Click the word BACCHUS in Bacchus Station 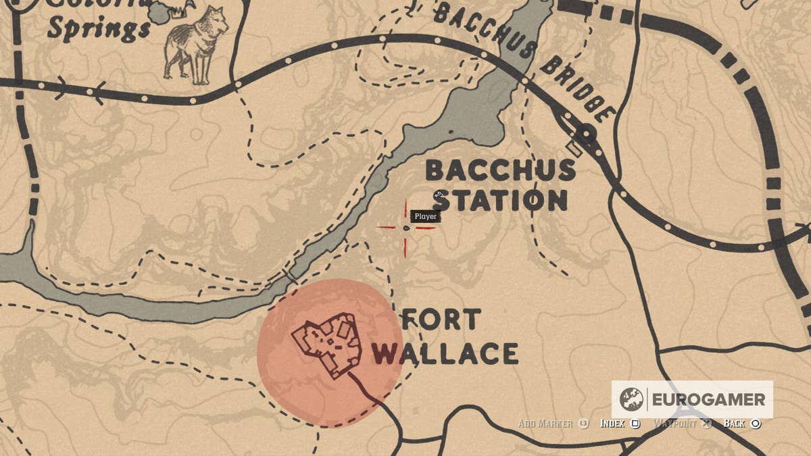[x=500, y=170]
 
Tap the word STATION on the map [x=500, y=201]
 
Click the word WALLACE [x=445, y=353]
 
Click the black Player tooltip [x=425, y=216]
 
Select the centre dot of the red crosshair [x=406, y=228]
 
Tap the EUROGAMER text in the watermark [x=708, y=399]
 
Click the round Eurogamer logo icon [x=631, y=399]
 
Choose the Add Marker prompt [x=545, y=424]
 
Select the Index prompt [x=612, y=424]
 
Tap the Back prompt [x=734, y=424]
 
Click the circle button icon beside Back [x=756, y=424]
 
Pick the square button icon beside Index [x=635, y=424]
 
